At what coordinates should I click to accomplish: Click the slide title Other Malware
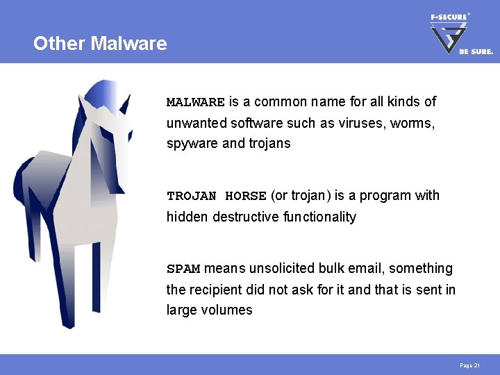pos(100,44)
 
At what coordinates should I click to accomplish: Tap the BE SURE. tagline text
pos(476,51)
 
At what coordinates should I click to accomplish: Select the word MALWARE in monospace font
pos(195,102)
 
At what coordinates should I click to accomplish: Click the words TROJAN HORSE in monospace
pos(217,196)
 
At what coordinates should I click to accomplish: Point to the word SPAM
pos(183,269)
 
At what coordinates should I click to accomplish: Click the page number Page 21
pos(470,365)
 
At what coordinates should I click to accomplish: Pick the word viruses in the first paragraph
pos(365,123)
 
